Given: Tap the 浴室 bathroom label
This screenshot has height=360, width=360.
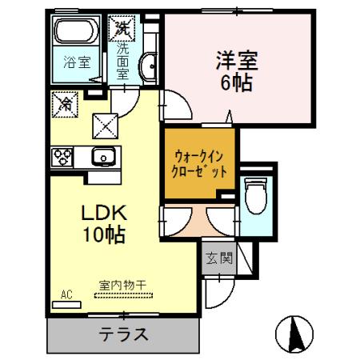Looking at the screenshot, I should point(76,62).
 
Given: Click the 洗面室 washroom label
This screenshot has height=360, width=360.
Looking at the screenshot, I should point(122,60).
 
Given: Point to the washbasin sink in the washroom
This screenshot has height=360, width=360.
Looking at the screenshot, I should point(146,67).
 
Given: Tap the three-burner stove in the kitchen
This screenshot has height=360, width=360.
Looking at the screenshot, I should point(63,157).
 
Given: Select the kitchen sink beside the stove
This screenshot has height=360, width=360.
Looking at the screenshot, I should point(102,157).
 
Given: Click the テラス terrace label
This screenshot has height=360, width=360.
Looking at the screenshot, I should point(122,334).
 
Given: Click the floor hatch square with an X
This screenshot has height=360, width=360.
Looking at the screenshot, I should point(106,124).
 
